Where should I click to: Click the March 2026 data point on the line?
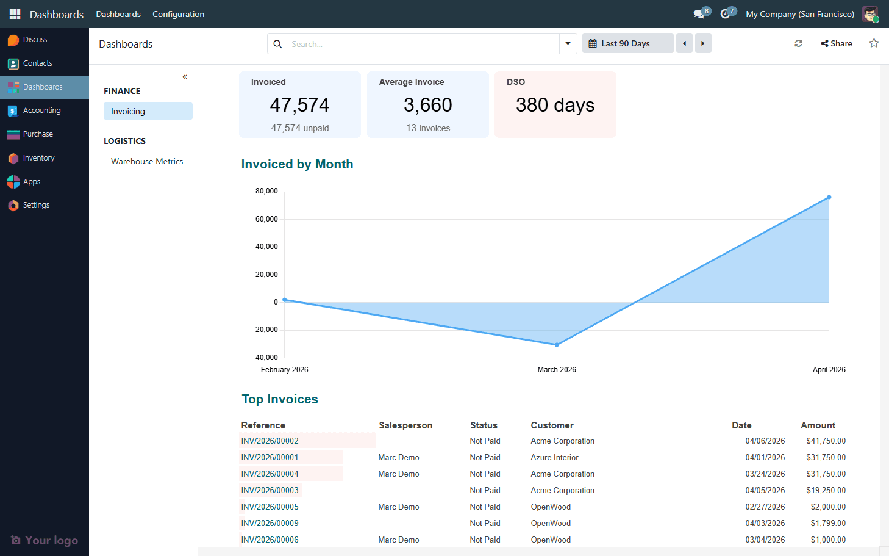point(557,345)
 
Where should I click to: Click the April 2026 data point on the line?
point(829,197)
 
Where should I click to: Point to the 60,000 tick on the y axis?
point(266,219)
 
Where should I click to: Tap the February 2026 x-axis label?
point(284,370)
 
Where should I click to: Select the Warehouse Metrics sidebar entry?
point(147,161)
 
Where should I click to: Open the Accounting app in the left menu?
point(41,110)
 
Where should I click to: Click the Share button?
point(837,43)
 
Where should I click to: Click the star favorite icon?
point(874,43)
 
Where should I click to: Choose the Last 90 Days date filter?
point(627,43)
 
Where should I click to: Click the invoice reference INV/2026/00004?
point(270,474)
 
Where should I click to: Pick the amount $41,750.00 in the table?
point(826,441)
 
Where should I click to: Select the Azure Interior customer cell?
point(554,457)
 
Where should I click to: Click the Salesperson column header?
point(405,425)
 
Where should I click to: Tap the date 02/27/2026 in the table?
point(765,507)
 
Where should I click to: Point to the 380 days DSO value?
point(555,105)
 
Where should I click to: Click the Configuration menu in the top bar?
point(178,14)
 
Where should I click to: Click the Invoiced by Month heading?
point(297,164)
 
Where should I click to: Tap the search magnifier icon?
point(277,44)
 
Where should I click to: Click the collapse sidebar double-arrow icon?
point(185,77)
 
